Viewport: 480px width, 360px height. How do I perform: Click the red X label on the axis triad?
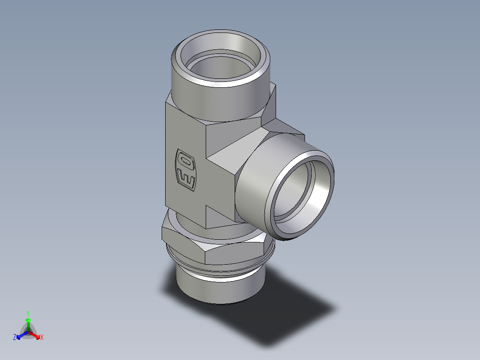[42, 338]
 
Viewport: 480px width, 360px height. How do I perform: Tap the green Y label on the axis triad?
[28, 313]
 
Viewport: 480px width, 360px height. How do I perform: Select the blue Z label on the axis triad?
[15, 338]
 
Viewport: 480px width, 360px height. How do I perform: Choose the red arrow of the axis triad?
[35, 335]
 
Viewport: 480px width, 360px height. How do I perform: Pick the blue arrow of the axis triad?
[21, 335]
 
